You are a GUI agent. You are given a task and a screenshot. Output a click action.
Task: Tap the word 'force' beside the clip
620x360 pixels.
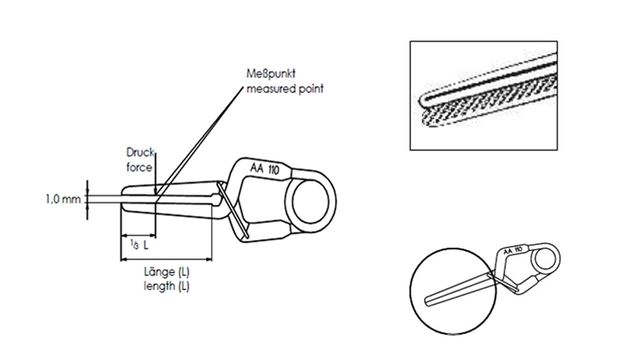pyautogui.click(x=139, y=167)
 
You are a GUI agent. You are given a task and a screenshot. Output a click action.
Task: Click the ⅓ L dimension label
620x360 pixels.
pyautogui.click(x=139, y=244)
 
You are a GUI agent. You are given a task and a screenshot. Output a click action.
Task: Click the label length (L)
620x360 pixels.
pyautogui.click(x=166, y=286)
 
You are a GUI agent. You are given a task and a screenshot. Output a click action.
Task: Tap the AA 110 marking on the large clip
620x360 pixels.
pyautogui.click(x=264, y=169)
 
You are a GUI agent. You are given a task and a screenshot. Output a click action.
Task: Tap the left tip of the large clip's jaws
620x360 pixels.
pyautogui.click(x=127, y=201)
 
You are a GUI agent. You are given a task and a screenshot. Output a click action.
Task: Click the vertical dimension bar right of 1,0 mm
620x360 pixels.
pyautogui.click(x=87, y=199)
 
